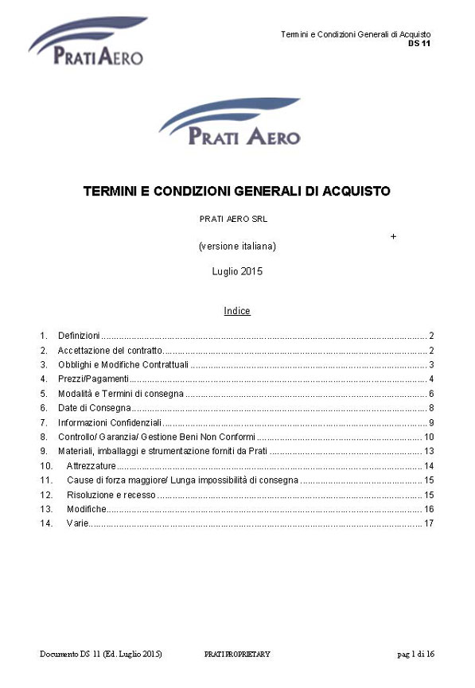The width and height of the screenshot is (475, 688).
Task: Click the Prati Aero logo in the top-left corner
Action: pyautogui.click(x=87, y=42)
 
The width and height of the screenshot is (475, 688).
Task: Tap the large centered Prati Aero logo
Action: pyautogui.click(x=229, y=122)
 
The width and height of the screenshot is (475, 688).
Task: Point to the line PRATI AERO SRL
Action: pyautogui.click(x=237, y=219)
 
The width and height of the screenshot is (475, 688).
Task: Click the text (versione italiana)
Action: pyautogui.click(x=237, y=247)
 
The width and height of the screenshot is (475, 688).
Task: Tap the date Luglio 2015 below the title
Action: pyautogui.click(x=237, y=271)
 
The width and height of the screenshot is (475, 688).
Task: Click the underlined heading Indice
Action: pyautogui.click(x=237, y=311)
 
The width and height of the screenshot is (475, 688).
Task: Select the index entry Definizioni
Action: pyautogui.click(x=79, y=336)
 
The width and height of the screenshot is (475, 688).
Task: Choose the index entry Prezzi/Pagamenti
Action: pyautogui.click(x=94, y=379)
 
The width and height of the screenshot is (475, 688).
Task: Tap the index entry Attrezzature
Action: pyautogui.click(x=91, y=465)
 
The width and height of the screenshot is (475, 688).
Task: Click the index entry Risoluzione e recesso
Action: pyautogui.click(x=111, y=495)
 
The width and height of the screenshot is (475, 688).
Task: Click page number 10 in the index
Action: pyautogui.click(x=428, y=437)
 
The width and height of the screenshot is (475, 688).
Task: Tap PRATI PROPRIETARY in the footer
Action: pyautogui.click(x=237, y=655)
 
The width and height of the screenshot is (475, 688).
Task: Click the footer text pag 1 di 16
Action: pyautogui.click(x=415, y=655)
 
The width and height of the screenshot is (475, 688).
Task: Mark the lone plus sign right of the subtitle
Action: pyautogui.click(x=394, y=237)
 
